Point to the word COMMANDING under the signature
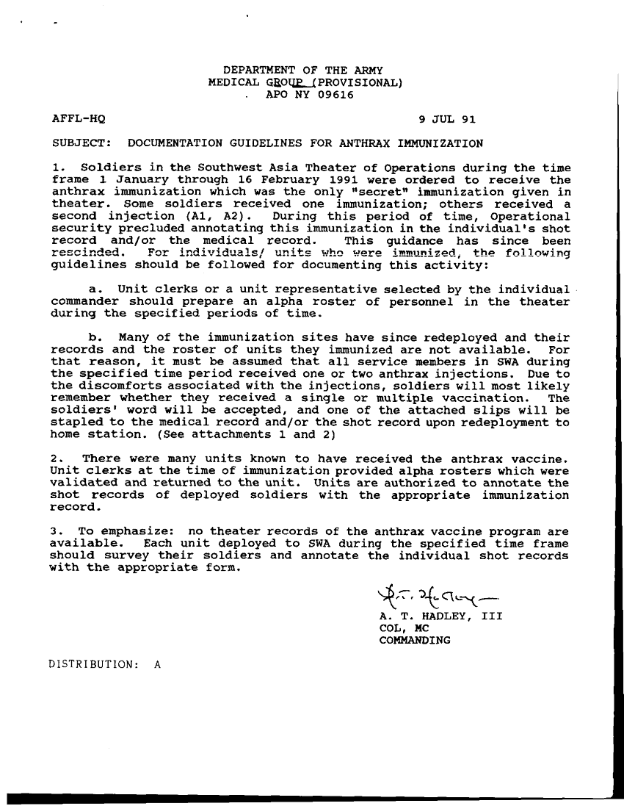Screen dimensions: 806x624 click(414, 640)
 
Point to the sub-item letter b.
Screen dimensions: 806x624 click(94, 339)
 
